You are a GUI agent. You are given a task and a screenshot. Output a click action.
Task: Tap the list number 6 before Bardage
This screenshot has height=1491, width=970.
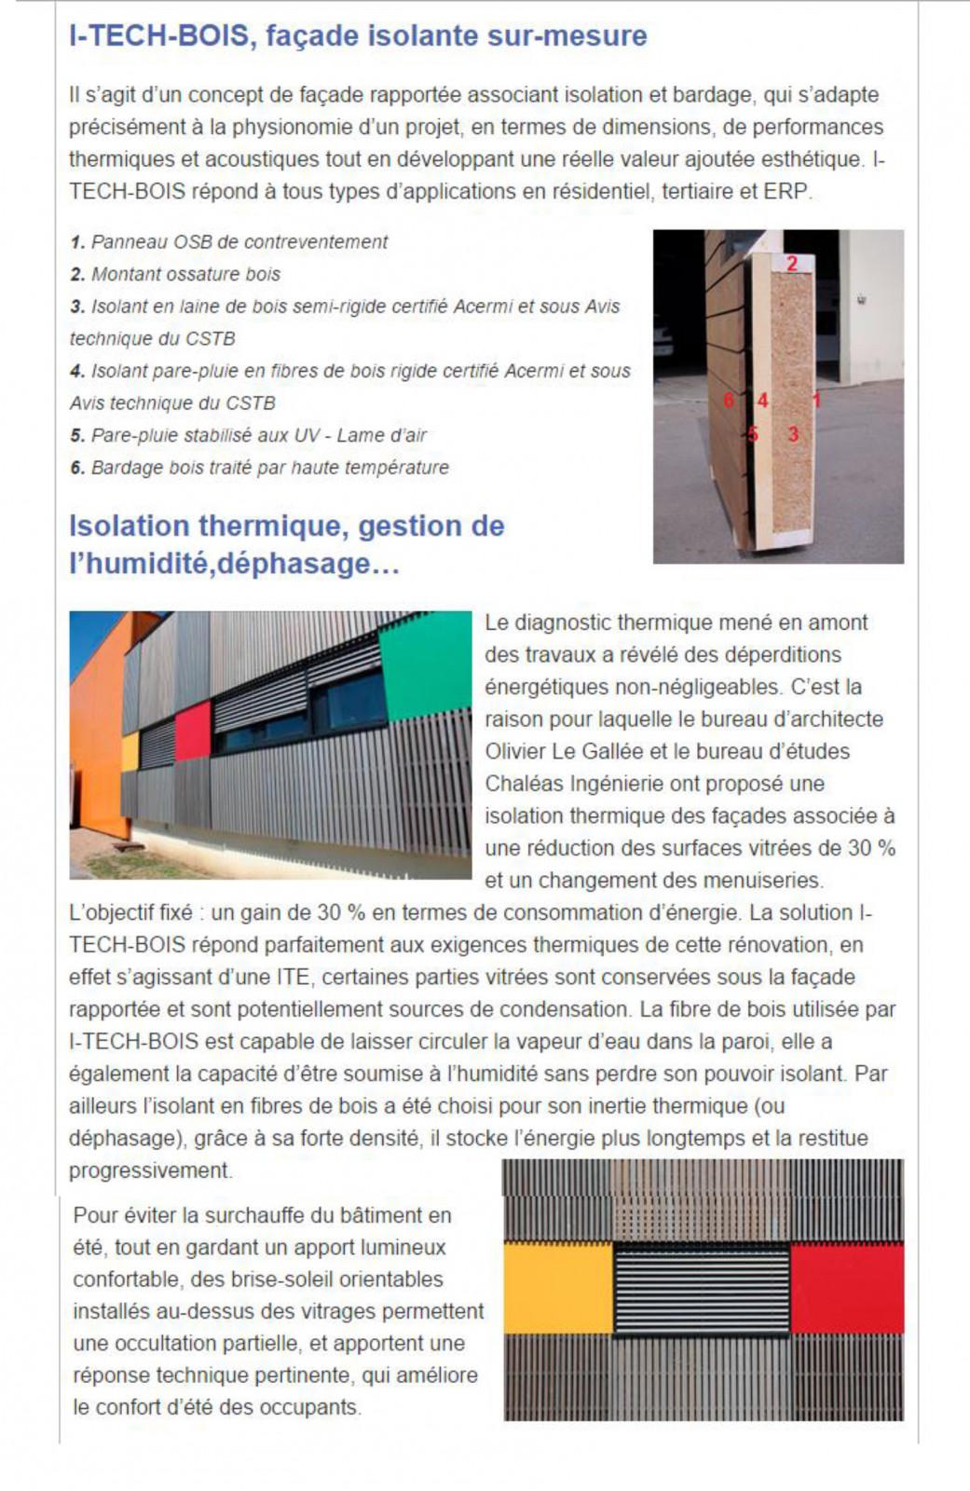coord(77,468)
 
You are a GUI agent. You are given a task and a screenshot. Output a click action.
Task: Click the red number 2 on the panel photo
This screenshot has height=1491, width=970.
coord(792,264)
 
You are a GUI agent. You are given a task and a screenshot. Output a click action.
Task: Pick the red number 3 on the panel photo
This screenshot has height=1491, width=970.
coord(793,434)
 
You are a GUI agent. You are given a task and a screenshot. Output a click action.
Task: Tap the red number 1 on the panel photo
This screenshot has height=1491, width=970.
coord(816,401)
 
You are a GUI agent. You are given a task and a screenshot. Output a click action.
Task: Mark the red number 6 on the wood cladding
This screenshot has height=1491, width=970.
coord(729,401)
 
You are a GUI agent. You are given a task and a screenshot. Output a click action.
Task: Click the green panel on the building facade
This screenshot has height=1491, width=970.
coord(425,662)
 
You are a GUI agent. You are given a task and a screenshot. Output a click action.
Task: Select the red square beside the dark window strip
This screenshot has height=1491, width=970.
coord(193,732)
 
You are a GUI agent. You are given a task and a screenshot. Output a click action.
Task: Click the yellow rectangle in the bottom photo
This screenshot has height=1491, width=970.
coord(557,1288)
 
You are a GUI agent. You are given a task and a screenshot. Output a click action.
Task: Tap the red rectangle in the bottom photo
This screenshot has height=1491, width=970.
coord(846,1287)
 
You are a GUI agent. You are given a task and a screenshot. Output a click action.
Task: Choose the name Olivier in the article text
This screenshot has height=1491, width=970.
coord(517,752)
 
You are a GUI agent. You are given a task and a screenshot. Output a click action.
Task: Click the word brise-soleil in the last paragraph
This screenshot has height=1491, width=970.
coord(285,1279)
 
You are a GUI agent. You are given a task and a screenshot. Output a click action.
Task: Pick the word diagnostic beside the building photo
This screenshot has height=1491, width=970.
coord(567,622)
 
